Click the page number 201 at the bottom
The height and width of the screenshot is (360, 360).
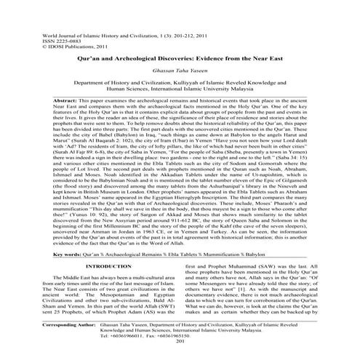pyautogui.click(x=180, y=353)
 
